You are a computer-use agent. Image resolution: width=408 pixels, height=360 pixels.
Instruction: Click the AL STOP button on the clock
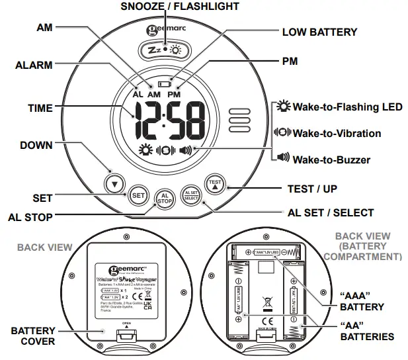164,197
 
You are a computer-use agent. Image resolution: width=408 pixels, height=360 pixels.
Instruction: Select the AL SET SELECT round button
190,194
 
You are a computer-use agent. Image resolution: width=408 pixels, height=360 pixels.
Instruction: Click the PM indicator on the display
174,95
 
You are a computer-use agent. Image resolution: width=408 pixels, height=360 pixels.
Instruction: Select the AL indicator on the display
138,95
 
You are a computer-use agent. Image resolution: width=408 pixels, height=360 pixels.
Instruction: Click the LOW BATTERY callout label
319,32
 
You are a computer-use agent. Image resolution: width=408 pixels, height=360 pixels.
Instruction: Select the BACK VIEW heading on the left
44,247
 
